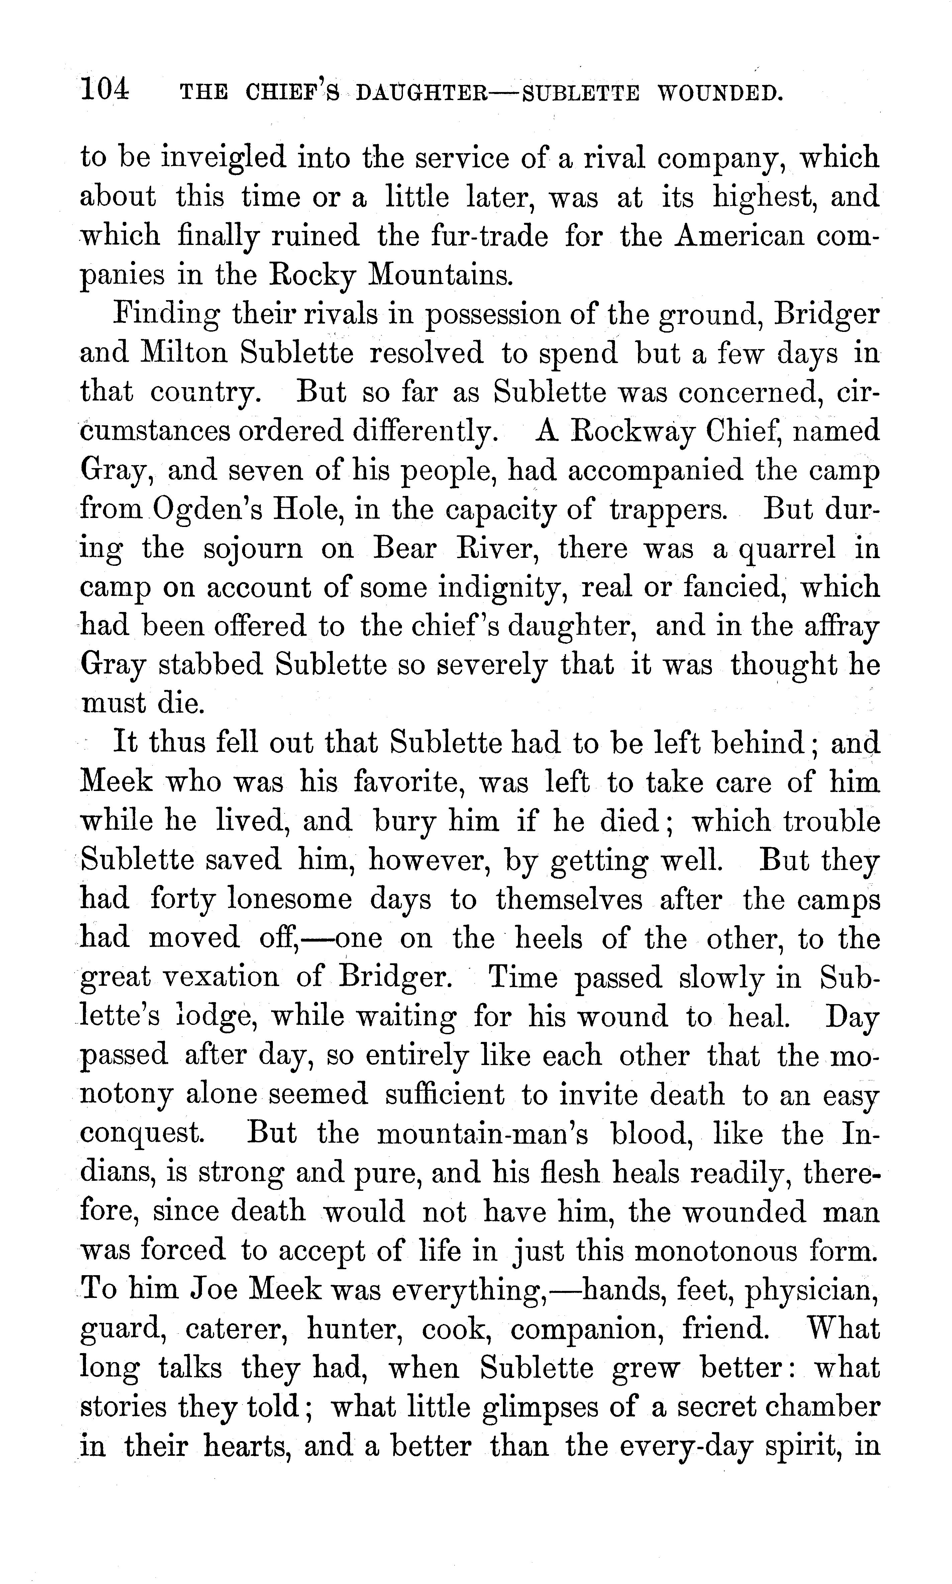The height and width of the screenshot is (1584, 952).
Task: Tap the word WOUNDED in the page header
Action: pyautogui.click(x=720, y=94)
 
